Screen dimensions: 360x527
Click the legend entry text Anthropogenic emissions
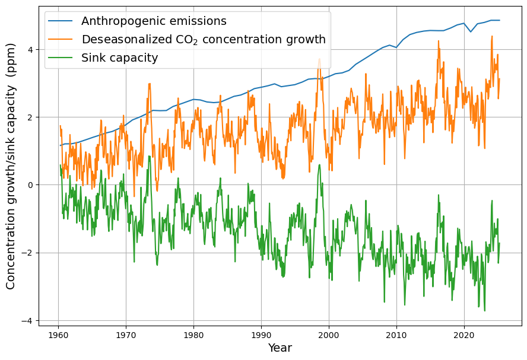tap(154, 21)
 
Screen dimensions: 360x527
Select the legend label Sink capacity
tap(119, 58)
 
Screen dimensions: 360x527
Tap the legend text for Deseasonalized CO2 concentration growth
tap(204, 40)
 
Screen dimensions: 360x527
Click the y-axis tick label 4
tap(31, 50)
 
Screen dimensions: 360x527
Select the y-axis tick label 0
tap(31, 185)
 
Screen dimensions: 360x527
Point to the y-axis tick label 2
tap(31, 117)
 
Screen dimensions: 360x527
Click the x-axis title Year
tap(280, 348)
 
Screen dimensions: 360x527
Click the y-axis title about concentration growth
tap(11, 166)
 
